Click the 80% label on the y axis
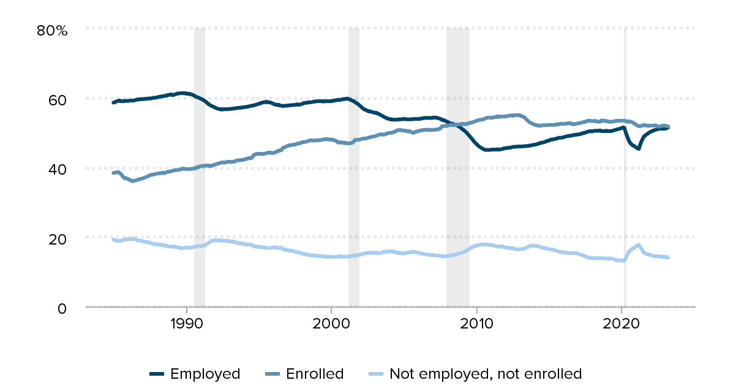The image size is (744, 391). [x=52, y=29]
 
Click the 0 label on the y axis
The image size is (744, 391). [x=62, y=308]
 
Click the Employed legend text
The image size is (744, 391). [x=205, y=373]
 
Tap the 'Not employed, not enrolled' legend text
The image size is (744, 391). [x=485, y=373]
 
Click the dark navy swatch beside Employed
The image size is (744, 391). [x=157, y=374]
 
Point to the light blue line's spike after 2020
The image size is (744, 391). [x=639, y=245]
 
